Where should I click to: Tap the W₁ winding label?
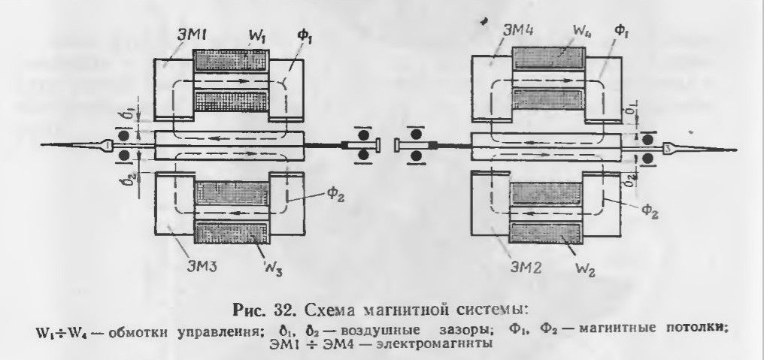[x=256, y=37]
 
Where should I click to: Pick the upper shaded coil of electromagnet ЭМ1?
[x=231, y=60]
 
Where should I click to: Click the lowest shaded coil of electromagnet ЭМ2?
[x=545, y=233]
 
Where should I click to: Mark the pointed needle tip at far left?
[x=41, y=145]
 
